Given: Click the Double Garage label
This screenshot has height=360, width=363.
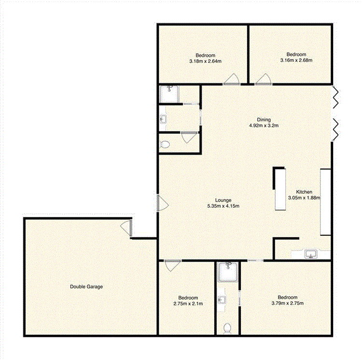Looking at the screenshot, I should point(86,287).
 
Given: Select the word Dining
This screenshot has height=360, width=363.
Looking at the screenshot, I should point(264,119).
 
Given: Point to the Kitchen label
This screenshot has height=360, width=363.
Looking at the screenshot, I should point(304,192).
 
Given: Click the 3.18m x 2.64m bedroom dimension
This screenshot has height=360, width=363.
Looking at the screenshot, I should point(205,61).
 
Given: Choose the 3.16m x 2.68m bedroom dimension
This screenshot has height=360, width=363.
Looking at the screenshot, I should point(296,60).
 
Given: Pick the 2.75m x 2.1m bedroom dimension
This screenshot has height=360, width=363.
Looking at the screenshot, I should point(188,303).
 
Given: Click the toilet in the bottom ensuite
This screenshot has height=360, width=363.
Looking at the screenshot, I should point(227,328).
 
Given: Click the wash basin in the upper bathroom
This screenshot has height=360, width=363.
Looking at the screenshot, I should point(163,118).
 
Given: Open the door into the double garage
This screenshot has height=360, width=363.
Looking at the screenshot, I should point(126,228).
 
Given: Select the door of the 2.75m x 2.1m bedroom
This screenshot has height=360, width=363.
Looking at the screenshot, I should point(170,265).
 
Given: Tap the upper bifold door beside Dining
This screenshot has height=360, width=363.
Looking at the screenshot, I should point(336,96).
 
